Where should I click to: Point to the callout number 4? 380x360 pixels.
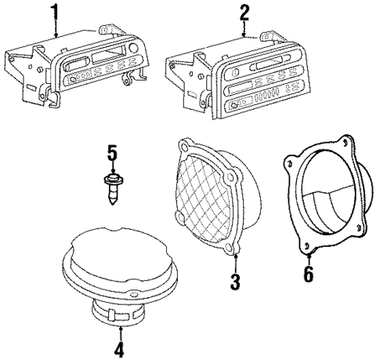(119, 348)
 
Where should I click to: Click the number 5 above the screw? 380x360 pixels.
(111, 153)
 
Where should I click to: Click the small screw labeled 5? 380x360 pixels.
(112, 187)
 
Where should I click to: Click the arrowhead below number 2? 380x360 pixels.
(244, 35)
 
